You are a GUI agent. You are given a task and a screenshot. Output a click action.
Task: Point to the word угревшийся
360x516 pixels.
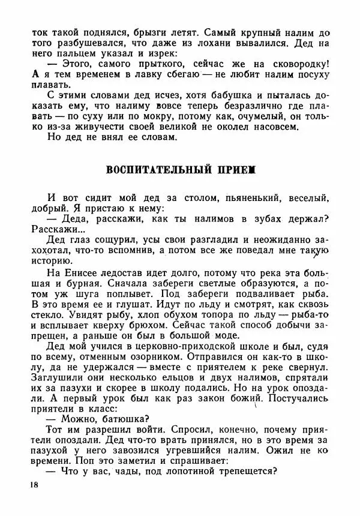[201, 446]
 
